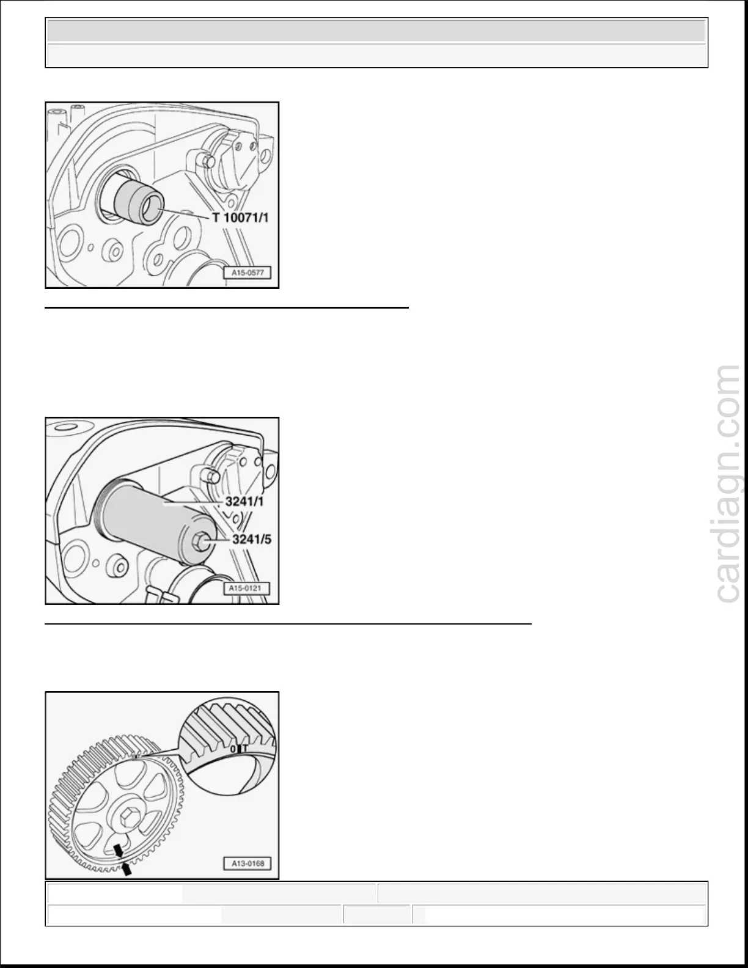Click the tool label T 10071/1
240,218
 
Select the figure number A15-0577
248,273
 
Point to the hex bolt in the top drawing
207,160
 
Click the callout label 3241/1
244,502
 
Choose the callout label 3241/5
252,539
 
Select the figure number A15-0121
246,588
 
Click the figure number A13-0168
248,864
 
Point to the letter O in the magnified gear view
233,749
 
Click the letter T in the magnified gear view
244,749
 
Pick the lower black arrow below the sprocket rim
127,868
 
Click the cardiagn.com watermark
727,484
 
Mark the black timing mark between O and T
239,749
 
